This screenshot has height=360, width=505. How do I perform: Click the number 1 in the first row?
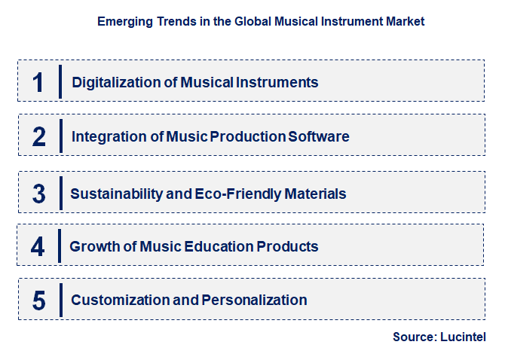pyautogui.click(x=38, y=81)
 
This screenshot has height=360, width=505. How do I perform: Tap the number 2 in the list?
pyautogui.click(x=39, y=136)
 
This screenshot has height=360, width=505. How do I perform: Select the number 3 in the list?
pyautogui.click(x=39, y=194)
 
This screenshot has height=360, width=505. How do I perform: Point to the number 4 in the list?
pyautogui.click(x=38, y=246)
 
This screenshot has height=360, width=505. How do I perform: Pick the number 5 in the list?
pyautogui.click(x=39, y=301)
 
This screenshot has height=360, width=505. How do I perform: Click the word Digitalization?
pyautogui.click(x=111, y=82)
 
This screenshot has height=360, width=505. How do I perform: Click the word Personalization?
pyautogui.click(x=254, y=301)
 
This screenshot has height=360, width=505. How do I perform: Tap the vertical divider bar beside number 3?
pyautogui.click(x=60, y=194)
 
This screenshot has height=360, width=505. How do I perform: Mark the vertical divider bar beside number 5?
pyautogui.click(x=60, y=301)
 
